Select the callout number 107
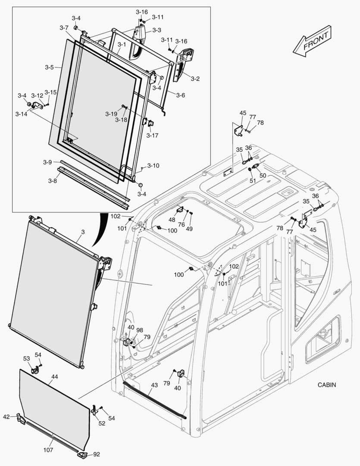pos(48,450)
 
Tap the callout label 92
pos(96,454)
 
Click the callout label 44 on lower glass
pos(54,377)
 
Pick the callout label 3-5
pos(49,67)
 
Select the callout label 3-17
pos(152,135)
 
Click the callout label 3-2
pos(195,79)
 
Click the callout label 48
pos(172,220)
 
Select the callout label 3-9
pos(47,162)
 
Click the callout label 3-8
pos(52,181)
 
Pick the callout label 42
pos(6,417)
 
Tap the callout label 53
pos(26,359)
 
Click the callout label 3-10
pos(153,165)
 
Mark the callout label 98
pos(140,330)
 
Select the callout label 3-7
pos(64,28)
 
